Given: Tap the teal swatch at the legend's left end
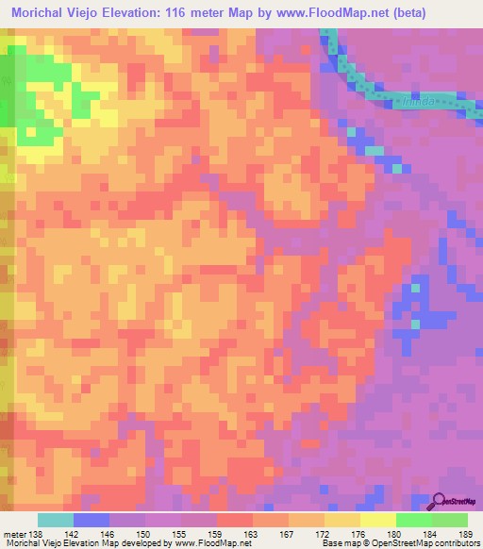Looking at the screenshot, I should (56, 520).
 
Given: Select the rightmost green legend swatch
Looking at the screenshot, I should (450, 520).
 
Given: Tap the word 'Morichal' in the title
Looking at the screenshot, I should (43, 13).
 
